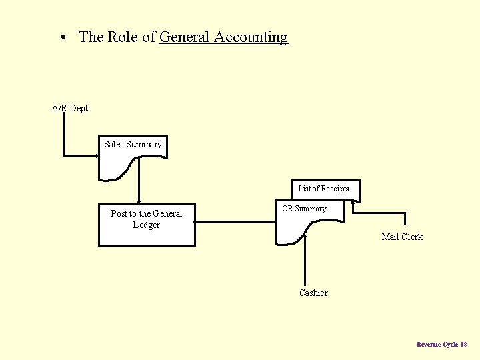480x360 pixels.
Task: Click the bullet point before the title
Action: click(62, 38)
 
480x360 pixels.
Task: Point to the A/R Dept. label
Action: click(71, 108)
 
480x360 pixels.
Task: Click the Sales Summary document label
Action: click(133, 144)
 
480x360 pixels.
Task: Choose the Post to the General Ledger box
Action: click(147, 225)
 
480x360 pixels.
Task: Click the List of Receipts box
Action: click(323, 189)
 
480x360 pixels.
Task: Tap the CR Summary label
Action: click(304, 209)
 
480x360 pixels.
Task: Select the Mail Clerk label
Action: click(402, 237)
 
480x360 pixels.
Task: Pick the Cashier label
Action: click(313, 293)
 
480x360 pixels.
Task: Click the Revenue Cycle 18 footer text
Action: click(441, 344)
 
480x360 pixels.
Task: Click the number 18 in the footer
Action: click(463, 344)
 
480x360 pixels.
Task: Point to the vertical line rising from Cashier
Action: click(305, 263)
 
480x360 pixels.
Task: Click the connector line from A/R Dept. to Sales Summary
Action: click(64, 137)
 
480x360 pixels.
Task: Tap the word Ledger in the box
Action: click(147, 225)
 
